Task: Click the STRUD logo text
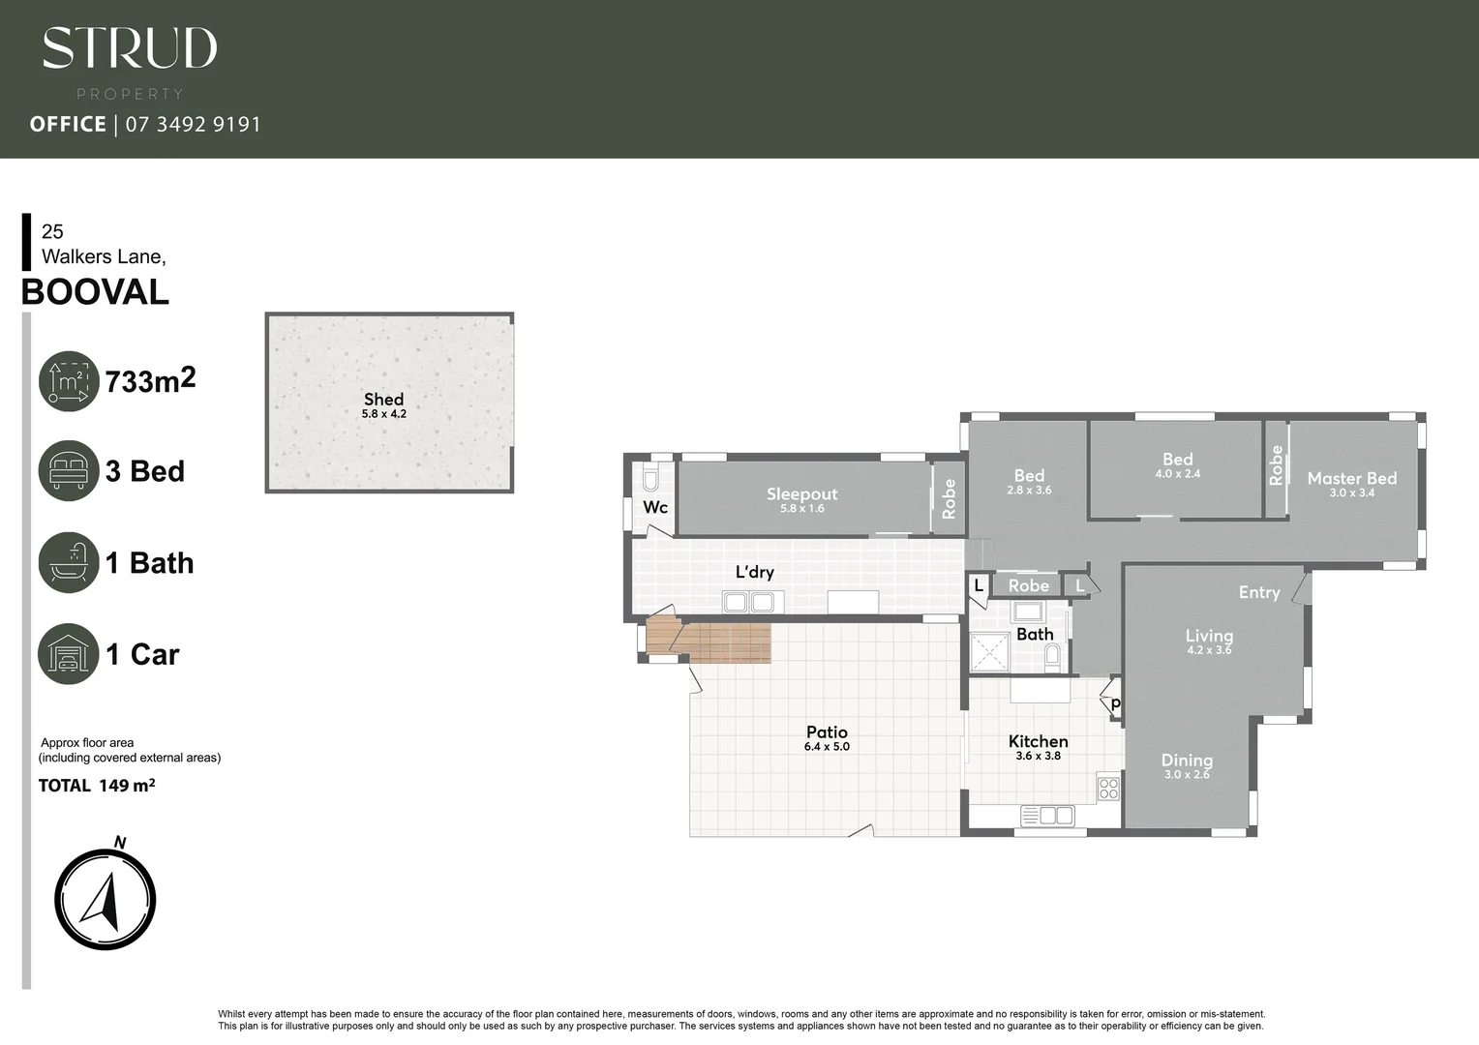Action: coord(130,48)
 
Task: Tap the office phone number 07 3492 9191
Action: coord(194,124)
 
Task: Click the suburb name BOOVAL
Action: coord(95,292)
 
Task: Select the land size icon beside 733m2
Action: coord(69,381)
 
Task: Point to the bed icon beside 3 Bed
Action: coord(69,471)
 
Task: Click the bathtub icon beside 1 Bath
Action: coord(69,562)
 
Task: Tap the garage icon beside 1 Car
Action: coord(69,654)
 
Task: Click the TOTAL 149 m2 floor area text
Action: coord(97,786)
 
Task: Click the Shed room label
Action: coord(383,399)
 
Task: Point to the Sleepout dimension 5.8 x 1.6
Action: coord(801,509)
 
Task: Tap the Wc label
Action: coord(655,507)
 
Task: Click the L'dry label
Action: coord(754,572)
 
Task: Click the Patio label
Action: coord(827,732)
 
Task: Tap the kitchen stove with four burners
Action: coord(1108,788)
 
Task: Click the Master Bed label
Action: coord(1351,478)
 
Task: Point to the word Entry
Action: coord(1258,592)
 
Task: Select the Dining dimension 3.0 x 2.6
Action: coord(1187,775)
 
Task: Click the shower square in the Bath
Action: coord(989,652)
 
